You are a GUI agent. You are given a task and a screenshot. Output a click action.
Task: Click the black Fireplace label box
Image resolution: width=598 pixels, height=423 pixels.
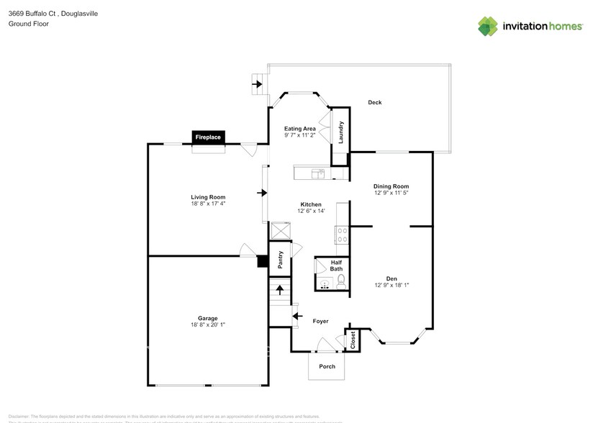[209, 137]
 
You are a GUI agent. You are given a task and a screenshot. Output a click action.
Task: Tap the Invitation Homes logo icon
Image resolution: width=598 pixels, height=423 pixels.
[488, 26]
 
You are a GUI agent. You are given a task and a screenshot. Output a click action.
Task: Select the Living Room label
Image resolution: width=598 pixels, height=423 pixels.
[208, 197]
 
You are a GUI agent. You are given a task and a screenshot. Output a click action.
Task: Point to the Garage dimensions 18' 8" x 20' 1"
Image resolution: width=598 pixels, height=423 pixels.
[208, 325]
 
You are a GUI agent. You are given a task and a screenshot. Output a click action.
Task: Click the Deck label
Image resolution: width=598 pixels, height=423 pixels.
[374, 103]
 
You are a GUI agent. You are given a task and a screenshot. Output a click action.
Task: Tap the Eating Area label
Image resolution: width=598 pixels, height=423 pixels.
[300, 129]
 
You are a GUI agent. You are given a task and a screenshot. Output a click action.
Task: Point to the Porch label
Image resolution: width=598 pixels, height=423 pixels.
[327, 366]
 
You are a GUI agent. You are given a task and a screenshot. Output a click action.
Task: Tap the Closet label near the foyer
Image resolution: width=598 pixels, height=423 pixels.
[353, 340]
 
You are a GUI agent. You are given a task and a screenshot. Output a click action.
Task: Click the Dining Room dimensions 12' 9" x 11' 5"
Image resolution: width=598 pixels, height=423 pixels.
[391, 193]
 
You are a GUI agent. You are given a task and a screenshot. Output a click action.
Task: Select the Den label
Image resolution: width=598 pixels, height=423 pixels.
[391, 278]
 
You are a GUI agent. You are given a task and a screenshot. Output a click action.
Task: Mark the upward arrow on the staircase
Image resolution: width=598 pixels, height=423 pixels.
[279, 291]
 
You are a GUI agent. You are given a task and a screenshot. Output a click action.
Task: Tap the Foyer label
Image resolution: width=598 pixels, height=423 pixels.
[320, 322]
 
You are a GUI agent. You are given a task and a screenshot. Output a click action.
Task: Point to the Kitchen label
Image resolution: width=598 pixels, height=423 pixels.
[311, 204]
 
